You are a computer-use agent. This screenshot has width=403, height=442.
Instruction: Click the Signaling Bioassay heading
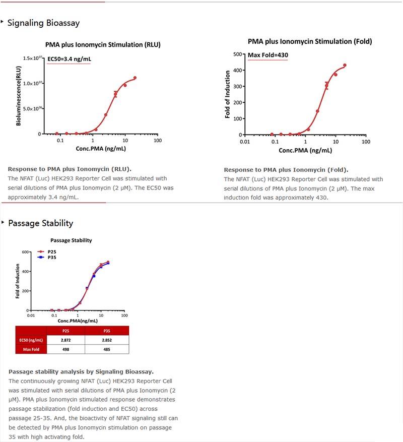[x=43, y=23]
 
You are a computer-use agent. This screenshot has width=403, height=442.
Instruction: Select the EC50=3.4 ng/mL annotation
[x=70, y=59]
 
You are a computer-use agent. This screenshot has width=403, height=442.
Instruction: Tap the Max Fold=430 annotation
[x=268, y=55]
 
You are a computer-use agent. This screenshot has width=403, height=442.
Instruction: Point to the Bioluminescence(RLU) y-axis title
[x=19, y=95]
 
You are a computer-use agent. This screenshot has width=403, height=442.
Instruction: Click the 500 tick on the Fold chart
[x=235, y=54]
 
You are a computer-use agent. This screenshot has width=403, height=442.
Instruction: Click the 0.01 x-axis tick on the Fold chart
[x=245, y=142]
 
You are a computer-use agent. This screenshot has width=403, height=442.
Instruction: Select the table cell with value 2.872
[x=65, y=340]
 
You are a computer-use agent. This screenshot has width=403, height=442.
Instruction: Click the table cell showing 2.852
[x=106, y=340]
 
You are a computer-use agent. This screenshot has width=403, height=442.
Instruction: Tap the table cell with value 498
[x=65, y=349]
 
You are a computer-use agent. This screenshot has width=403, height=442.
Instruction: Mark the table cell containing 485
[x=106, y=349]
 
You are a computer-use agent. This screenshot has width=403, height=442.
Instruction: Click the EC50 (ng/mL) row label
[x=30, y=340]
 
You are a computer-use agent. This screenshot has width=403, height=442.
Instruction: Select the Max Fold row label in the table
[x=31, y=349]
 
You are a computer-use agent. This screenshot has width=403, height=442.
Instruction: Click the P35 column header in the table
[x=106, y=331]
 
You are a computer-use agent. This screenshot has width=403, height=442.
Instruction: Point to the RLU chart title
[x=103, y=45]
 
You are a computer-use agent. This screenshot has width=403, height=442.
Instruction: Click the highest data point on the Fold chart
[x=345, y=65]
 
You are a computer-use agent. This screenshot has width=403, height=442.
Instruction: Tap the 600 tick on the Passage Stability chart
[x=25, y=251]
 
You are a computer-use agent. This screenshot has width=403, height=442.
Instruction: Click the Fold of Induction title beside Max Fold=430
[x=228, y=94]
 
